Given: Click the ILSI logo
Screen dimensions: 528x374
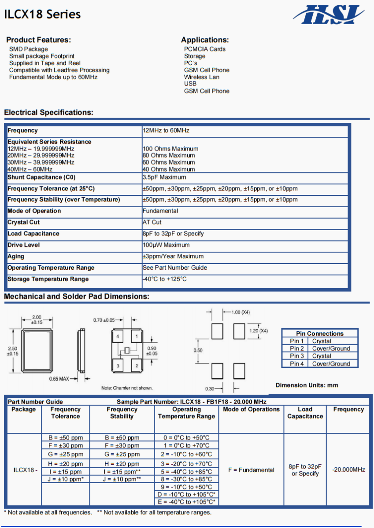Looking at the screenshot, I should pyautogui.click(x=329, y=15).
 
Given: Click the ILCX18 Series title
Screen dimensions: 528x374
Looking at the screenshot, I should pyautogui.click(x=43, y=15).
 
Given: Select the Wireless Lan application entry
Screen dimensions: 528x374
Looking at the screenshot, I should pyautogui.click(x=201, y=77).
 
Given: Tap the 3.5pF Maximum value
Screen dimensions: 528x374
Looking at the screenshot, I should pyautogui.click(x=164, y=177).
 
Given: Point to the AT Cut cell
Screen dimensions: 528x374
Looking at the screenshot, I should pyautogui.click(x=152, y=222).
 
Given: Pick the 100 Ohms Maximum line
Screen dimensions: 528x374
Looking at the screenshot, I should pyautogui.click(x=170, y=149).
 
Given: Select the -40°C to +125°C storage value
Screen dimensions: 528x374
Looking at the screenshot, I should pyautogui.click(x=165, y=279).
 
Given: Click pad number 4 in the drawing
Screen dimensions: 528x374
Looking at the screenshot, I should pyautogui.click(x=118, y=337).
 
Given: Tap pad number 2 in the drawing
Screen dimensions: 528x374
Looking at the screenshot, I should pyautogui.click(x=137, y=366).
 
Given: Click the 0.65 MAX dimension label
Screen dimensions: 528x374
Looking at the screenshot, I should pyautogui.click(x=59, y=379).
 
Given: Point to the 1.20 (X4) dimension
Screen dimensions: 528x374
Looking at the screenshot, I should pyautogui.click(x=259, y=330).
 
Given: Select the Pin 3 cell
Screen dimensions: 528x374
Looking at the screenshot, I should pyautogui.click(x=297, y=356).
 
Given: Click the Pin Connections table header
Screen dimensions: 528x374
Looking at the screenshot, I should pyautogui.click(x=319, y=334).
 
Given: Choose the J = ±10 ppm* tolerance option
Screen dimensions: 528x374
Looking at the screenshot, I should pyautogui.click(x=66, y=479).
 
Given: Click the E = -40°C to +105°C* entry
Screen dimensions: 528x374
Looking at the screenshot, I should pyautogui.click(x=186, y=502).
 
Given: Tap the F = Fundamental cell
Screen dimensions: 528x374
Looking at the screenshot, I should pyautogui.click(x=251, y=470).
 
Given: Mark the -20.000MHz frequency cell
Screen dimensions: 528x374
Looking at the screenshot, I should pyautogui.click(x=348, y=469).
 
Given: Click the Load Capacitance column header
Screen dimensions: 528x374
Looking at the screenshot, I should pyautogui.click(x=305, y=413).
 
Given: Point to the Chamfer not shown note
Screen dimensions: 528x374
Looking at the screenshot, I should pyautogui.click(x=127, y=388).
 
